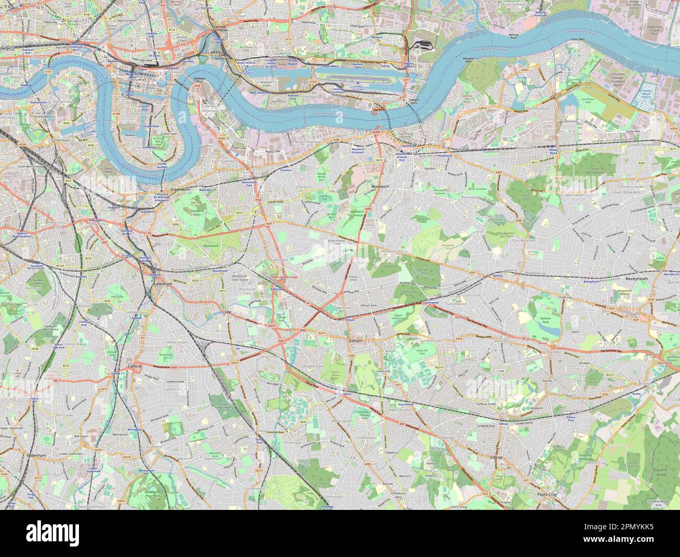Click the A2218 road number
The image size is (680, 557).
(x=127, y=457)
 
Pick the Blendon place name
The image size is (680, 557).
(x=555, y=351)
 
